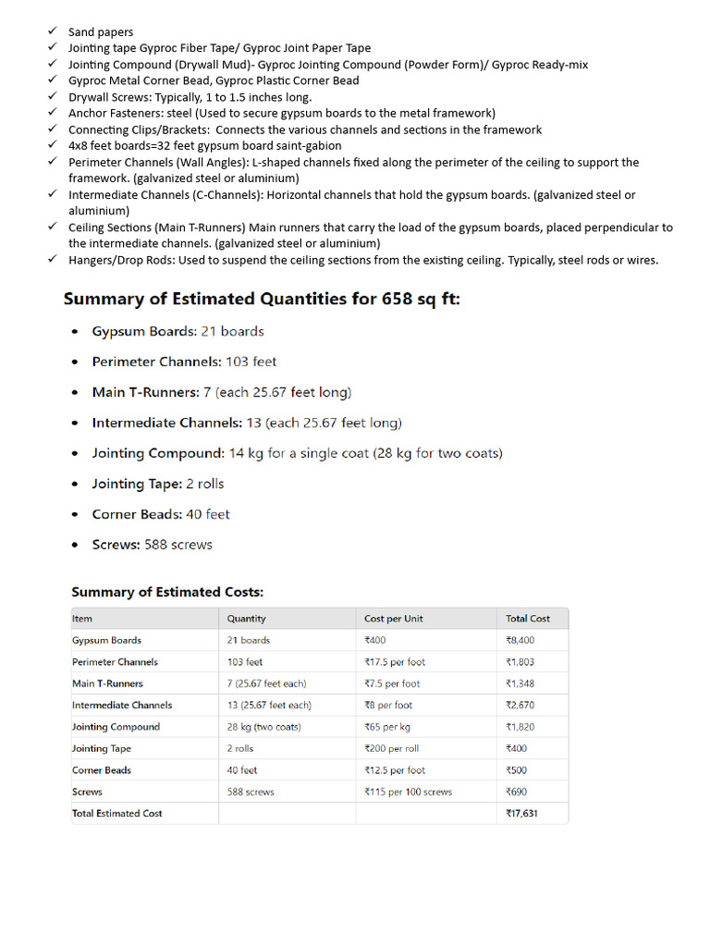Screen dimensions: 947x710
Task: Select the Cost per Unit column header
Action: (393, 619)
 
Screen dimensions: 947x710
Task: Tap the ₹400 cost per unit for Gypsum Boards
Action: (375, 640)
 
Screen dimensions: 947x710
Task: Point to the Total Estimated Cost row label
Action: (116, 814)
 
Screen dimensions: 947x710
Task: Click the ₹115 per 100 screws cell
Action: (408, 792)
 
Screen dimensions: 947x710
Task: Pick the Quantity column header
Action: (246, 619)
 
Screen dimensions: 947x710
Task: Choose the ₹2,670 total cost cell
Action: (520, 705)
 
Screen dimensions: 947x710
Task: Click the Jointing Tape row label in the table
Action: (102, 748)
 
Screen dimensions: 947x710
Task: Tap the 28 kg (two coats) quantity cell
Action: (263, 727)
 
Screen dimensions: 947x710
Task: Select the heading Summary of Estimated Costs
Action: (167, 592)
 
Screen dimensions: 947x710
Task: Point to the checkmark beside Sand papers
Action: (54, 31)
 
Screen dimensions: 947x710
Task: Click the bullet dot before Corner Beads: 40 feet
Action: (75, 515)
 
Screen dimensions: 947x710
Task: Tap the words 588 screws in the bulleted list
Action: (178, 545)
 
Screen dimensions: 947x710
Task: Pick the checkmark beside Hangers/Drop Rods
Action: (54, 260)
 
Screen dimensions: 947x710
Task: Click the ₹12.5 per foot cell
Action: (395, 770)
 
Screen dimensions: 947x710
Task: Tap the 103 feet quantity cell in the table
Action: (245, 662)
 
